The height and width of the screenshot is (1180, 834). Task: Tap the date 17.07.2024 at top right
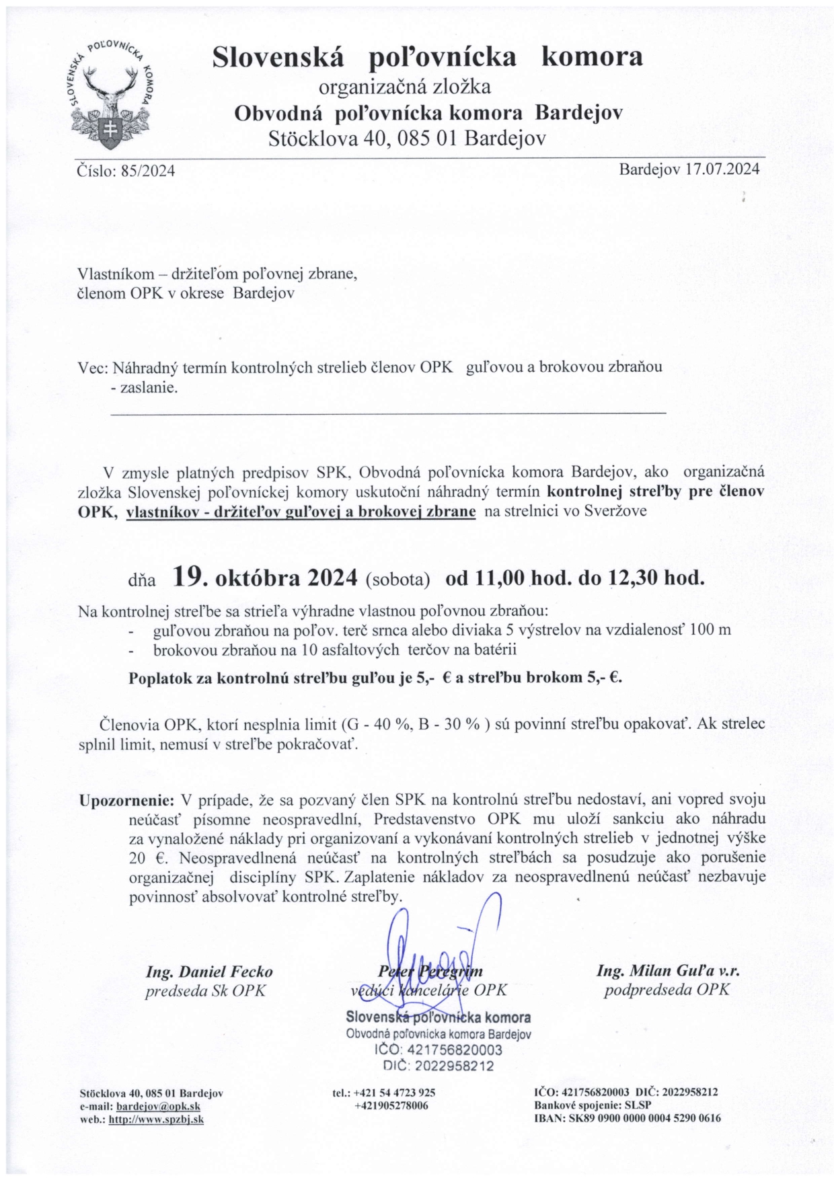point(722,169)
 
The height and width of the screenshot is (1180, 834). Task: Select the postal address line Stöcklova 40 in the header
point(406,139)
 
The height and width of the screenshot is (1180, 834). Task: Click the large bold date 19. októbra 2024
point(264,577)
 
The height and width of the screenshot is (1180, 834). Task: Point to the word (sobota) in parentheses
point(397,580)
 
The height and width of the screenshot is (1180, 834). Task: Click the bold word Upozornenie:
point(127,800)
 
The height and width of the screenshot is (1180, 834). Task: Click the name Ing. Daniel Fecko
point(209,972)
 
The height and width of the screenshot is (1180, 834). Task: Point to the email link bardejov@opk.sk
point(158,1106)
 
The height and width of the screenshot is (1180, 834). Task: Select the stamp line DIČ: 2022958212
point(438,1066)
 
